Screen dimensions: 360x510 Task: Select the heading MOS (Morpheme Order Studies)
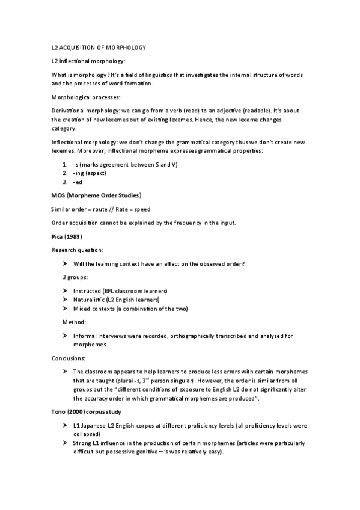[96, 195]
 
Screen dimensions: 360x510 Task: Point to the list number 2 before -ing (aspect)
[64, 173]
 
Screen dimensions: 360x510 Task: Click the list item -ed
[77, 182]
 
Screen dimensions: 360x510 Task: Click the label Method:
[75, 322]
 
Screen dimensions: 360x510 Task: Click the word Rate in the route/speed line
[125, 209]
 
